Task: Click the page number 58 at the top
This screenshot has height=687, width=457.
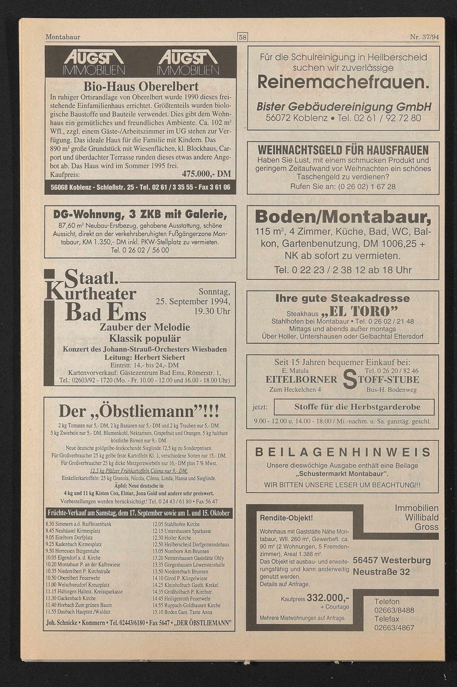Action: (x=242, y=37)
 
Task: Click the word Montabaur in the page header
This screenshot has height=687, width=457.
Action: (x=63, y=37)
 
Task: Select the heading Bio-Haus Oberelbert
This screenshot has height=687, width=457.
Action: (x=141, y=86)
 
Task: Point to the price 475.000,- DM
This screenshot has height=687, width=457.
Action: (x=207, y=174)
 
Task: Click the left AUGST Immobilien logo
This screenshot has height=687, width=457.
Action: (x=94, y=63)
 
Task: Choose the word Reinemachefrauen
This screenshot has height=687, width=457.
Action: (x=343, y=82)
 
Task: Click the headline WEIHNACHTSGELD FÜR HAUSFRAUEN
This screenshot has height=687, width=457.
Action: (x=343, y=150)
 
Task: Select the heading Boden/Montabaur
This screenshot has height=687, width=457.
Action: (x=343, y=217)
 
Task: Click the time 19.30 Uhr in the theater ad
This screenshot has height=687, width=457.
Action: (x=212, y=312)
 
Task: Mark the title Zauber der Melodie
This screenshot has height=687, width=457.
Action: (x=145, y=328)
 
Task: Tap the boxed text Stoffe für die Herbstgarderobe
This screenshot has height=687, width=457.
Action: (x=357, y=407)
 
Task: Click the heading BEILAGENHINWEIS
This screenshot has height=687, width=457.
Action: (x=343, y=452)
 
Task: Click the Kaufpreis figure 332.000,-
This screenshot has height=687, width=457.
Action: (x=328, y=597)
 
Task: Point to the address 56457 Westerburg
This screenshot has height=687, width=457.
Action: (x=392, y=560)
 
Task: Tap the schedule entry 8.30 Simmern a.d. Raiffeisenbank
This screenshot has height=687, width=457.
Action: (x=79, y=524)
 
